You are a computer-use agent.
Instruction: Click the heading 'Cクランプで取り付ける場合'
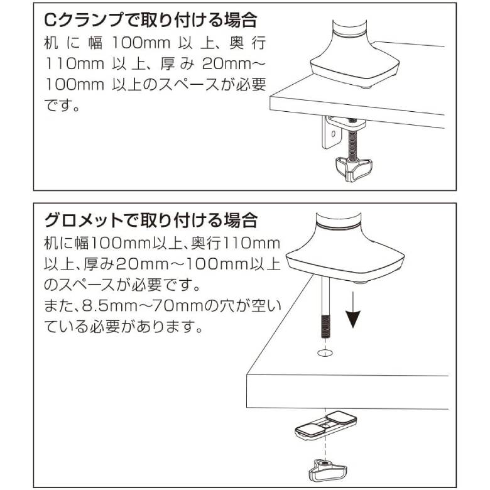(150, 21)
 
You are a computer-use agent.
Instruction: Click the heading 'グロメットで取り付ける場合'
(150, 220)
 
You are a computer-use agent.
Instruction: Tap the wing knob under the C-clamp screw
(354, 169)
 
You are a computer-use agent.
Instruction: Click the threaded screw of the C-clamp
(352, 141)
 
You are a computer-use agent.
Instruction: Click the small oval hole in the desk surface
(325, 353)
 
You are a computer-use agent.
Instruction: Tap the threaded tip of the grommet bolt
(325, 327)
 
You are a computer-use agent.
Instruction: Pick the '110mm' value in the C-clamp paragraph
(75, 63)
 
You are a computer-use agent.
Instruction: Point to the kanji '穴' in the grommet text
(225, 306)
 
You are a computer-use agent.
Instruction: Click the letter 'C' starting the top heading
(51, 21)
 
